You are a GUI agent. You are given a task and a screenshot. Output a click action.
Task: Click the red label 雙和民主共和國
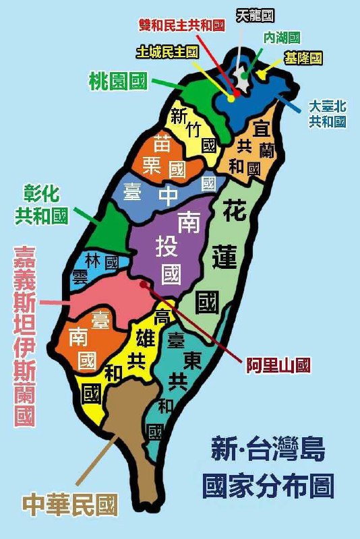coord(181,26)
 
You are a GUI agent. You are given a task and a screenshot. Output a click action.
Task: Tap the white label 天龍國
coord(256,15)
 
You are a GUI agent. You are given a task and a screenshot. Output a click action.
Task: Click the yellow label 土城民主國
coord(167,52)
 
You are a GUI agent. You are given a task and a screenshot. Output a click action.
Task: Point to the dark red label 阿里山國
coord(277,365)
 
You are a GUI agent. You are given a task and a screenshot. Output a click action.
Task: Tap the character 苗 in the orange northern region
coord(161,143)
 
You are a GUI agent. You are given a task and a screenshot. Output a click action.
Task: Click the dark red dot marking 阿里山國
coord(143,284)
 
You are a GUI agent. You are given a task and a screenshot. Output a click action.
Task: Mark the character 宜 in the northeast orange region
coord(262,128)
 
